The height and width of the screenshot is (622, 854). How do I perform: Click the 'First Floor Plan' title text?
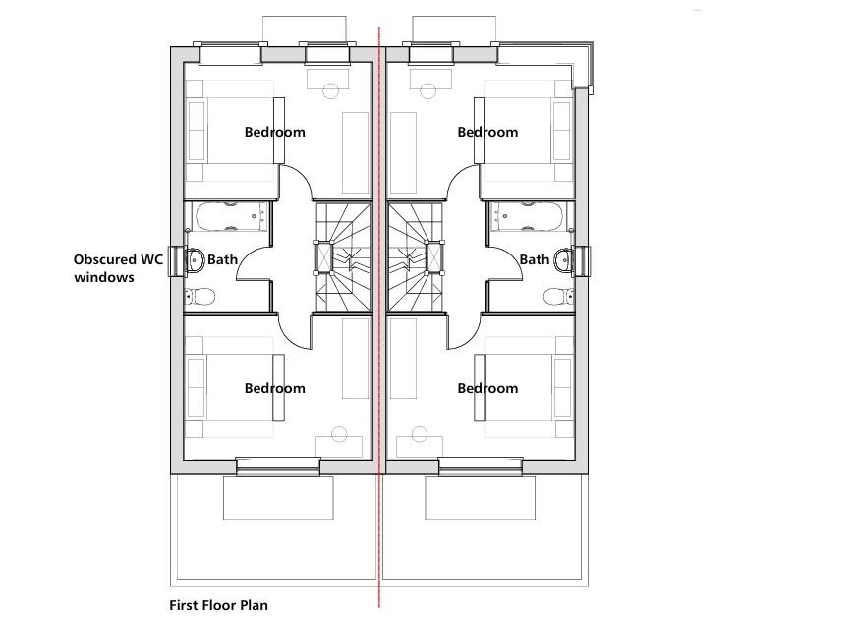pyautogui.click(x=218, y=605)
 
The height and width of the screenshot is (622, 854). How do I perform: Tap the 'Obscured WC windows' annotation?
pyautogui.click(x=118, y=268)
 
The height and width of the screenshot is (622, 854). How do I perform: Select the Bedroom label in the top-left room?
pyautogui.click(x=274, y=132)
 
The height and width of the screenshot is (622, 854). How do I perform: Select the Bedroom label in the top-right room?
pyautogui.click(x=487, y=132)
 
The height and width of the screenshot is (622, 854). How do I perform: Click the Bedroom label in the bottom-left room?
pyautogui.click(x=274, y=388)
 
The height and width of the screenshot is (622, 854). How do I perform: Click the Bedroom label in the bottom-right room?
pyautogui.click(x=487, y=388)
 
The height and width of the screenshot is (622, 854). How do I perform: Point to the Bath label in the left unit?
pyautogui.click(x=222, y=259)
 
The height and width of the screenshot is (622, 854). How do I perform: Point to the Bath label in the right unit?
pyautogui.click(x=534, y=259)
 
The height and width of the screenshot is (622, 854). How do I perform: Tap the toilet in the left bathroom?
pyautogui.click(x=201, y=295)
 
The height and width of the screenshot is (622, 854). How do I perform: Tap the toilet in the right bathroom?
pyautogui.click(x=557, y=295)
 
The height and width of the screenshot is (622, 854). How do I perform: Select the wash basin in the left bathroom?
pyautogui.click(x=195, y=260)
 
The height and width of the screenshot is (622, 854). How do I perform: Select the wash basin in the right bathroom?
pyautogui.click(x=563, y=260)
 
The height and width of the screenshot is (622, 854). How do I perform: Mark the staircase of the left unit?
pyautogui.click(x=343, y=258)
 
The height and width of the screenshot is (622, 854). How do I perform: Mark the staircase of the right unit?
pyautogui.click(x=415, y=258)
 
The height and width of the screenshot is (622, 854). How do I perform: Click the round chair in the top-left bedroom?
pyautogui.click(x=330, y=91)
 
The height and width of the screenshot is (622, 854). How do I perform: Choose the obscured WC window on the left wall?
pyautogui.click(x=177, y=261)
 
